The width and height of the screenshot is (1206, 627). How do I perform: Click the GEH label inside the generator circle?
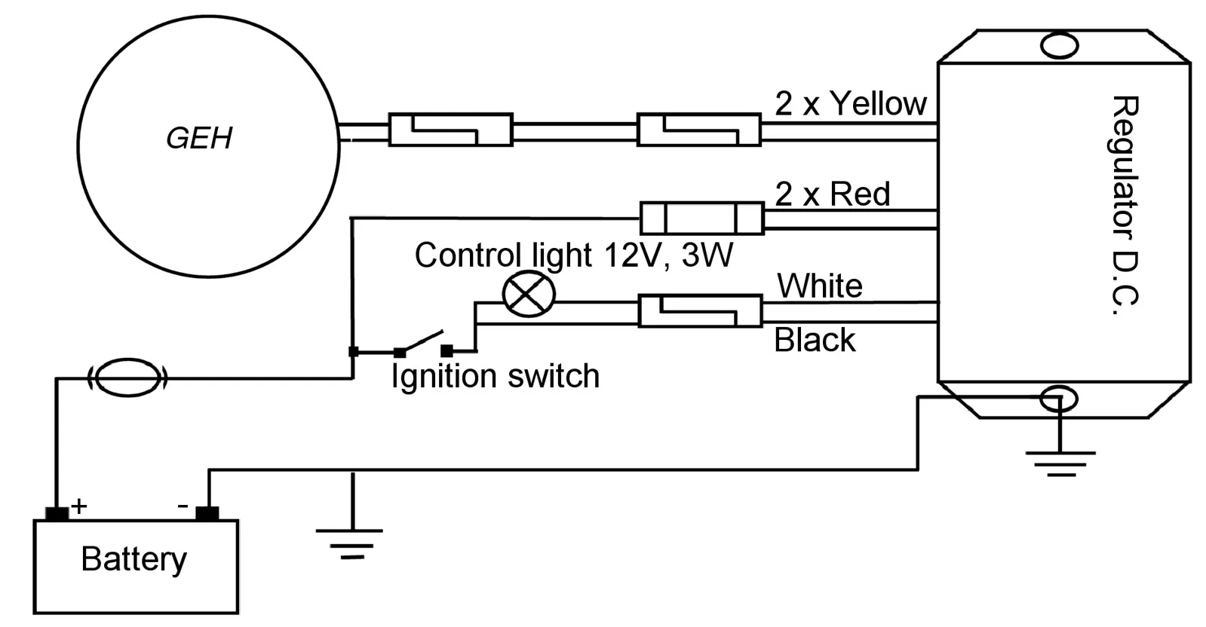(x=199, y=138)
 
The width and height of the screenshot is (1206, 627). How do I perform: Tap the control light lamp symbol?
(x=529, y=294)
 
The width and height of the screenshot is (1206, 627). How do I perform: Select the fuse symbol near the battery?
(x=127, y=378)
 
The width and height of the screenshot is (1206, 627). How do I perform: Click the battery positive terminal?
(x=57, y=514)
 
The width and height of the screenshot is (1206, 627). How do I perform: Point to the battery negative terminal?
(x=207, y=514)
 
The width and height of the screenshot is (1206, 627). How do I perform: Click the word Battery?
(x=134, y=559)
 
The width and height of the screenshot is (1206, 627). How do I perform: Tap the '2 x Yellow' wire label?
(x=851, y=103)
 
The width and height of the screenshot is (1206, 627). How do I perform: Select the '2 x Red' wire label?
(x=833, y=194)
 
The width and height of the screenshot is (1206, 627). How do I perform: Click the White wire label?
(x=819, y=286)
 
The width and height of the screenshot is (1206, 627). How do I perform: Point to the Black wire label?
(x=815, y=340)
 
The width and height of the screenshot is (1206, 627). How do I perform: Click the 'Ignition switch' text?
(x=496, y=376)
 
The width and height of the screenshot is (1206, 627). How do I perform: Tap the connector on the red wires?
(x=701, y=219)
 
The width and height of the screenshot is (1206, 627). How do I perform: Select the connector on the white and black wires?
(x=701, y=310)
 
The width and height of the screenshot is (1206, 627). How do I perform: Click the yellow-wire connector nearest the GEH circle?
(x=450, y=130)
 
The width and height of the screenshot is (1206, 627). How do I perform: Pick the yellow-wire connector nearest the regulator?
(x=699, y=130)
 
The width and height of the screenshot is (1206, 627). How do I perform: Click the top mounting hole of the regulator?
(x=1059, y=45)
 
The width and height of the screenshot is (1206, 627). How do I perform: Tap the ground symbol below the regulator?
(x=1060, y=463)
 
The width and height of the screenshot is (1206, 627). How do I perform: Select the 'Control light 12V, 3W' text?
(x=574, y=255)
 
